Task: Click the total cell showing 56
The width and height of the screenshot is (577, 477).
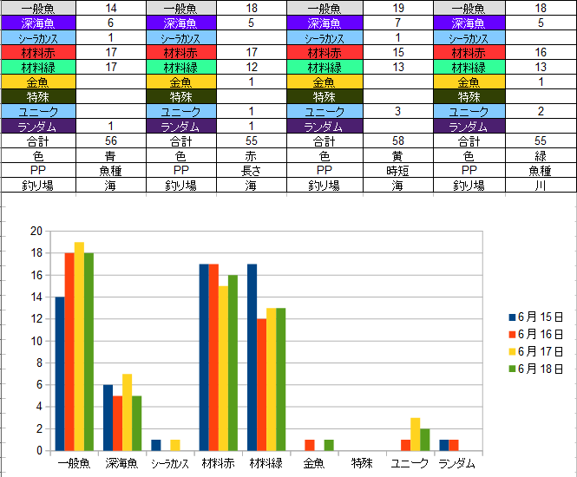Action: (x=110, y=140)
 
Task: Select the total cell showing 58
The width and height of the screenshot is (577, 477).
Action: (x=397, y=140)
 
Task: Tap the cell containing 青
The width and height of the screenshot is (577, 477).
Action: (x=110, y=155)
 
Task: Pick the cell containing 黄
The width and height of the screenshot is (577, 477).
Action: (x=397, y=155)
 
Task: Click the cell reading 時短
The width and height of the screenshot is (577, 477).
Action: (x=397, y=170)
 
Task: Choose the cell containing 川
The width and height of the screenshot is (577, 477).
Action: (x=541, y=185)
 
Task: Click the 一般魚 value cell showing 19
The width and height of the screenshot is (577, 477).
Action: (x=397, y=8)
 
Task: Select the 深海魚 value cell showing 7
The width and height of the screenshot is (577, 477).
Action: (x=397, y=23)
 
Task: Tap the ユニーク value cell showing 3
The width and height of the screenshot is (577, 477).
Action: (x=397, y=111)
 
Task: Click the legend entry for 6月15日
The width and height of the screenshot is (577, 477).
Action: (x=535, y=317)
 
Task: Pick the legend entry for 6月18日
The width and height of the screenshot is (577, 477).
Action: (x=535, y=369)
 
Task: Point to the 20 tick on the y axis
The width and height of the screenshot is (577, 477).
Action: (x=36, y=231)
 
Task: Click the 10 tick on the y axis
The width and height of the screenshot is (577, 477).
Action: (x=36, y=341)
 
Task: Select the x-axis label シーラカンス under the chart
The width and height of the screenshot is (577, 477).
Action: (x=170, y=463)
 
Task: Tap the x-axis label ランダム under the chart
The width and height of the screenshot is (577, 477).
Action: (x=457, y=463)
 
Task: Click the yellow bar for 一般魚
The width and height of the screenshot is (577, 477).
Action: (x=79, y=347)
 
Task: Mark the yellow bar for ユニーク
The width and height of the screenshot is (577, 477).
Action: (x=415, y=435)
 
